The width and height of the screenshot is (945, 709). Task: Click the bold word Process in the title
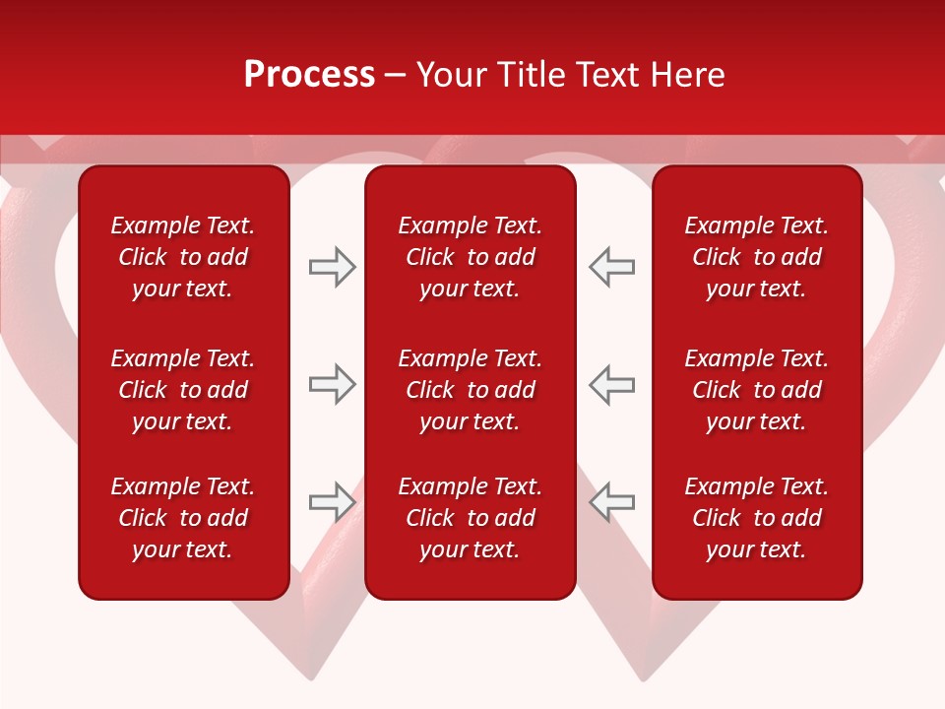point(309,75)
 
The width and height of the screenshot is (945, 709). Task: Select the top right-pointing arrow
point(332,267)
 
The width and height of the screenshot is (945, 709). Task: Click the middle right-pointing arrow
point(332,384)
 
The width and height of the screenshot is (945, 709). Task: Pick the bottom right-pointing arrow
point(332,502)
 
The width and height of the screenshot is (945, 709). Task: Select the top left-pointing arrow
point(612,267)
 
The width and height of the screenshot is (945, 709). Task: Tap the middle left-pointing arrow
point(612,384)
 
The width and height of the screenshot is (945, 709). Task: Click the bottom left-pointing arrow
point(612,502)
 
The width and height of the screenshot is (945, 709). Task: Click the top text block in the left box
point(183,257)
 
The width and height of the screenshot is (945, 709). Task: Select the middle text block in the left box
point(183,390)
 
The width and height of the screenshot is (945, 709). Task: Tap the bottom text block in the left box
point(183,518)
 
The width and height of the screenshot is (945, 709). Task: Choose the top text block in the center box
point(471,257)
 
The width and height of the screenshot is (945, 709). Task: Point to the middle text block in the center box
point(471,390)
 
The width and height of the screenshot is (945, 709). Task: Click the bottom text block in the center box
point(471,518)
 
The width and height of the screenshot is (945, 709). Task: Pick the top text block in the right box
point(757,257)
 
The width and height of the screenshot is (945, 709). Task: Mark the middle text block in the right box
point(757,390)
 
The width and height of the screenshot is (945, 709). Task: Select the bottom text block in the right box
point(757,518)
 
